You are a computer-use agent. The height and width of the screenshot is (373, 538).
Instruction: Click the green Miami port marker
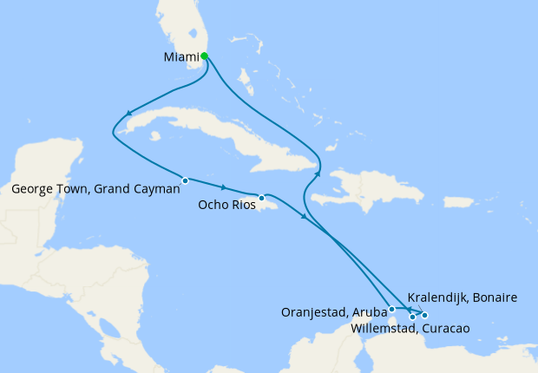click(x=204, y=56)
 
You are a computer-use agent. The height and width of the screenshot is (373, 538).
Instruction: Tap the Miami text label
click(x=180, y=58)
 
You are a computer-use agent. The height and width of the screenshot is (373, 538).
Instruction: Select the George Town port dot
click(x=185, y=180)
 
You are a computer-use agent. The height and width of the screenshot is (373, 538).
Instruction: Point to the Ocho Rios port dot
click(x=261, y=198)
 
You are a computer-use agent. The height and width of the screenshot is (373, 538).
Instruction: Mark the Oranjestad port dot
click(x=392, y=309)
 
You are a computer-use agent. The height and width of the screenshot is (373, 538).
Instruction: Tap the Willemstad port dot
click(x=412, y=317)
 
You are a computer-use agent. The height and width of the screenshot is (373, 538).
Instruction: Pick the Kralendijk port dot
click(x=424, y=314)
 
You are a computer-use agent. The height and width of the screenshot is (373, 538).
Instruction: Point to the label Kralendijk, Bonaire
click(x=462, y=298)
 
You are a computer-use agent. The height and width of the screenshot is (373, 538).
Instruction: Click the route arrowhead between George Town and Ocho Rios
click(x=225, y=188)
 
